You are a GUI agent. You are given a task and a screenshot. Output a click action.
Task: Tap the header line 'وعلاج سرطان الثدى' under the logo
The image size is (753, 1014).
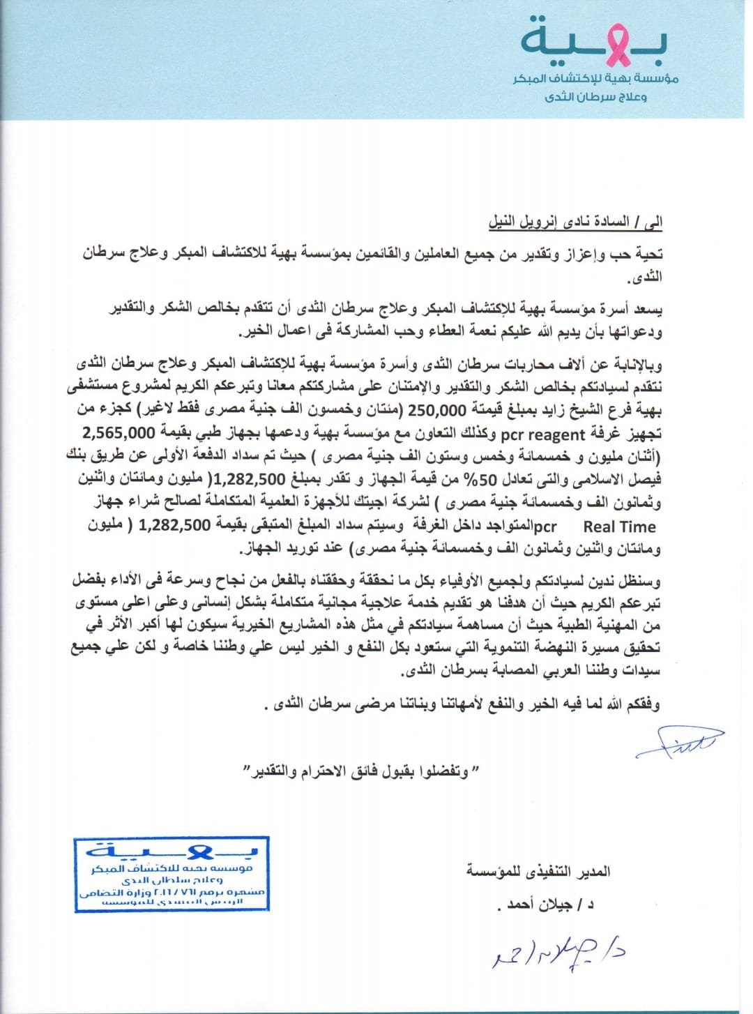(x=595, y=97)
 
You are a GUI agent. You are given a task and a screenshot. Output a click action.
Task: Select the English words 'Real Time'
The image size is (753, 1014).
(x=619, y=527)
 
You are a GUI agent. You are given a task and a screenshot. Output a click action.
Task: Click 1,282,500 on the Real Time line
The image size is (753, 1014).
(x=174, y=525)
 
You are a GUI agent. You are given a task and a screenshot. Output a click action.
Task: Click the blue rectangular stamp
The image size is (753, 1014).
(x=172, y=874)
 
